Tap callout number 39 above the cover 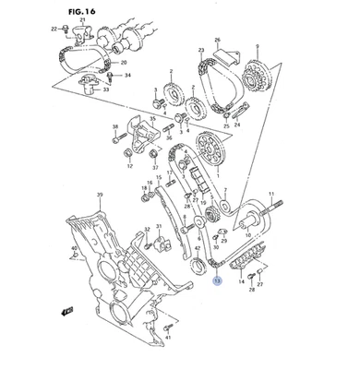tap(100, 195)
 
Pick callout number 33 tap(106, 90)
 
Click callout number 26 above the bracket tap(217, 40)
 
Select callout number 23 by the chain tap(200, 51)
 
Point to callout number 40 tap(76, 249)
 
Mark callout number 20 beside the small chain tap(125, 62)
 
